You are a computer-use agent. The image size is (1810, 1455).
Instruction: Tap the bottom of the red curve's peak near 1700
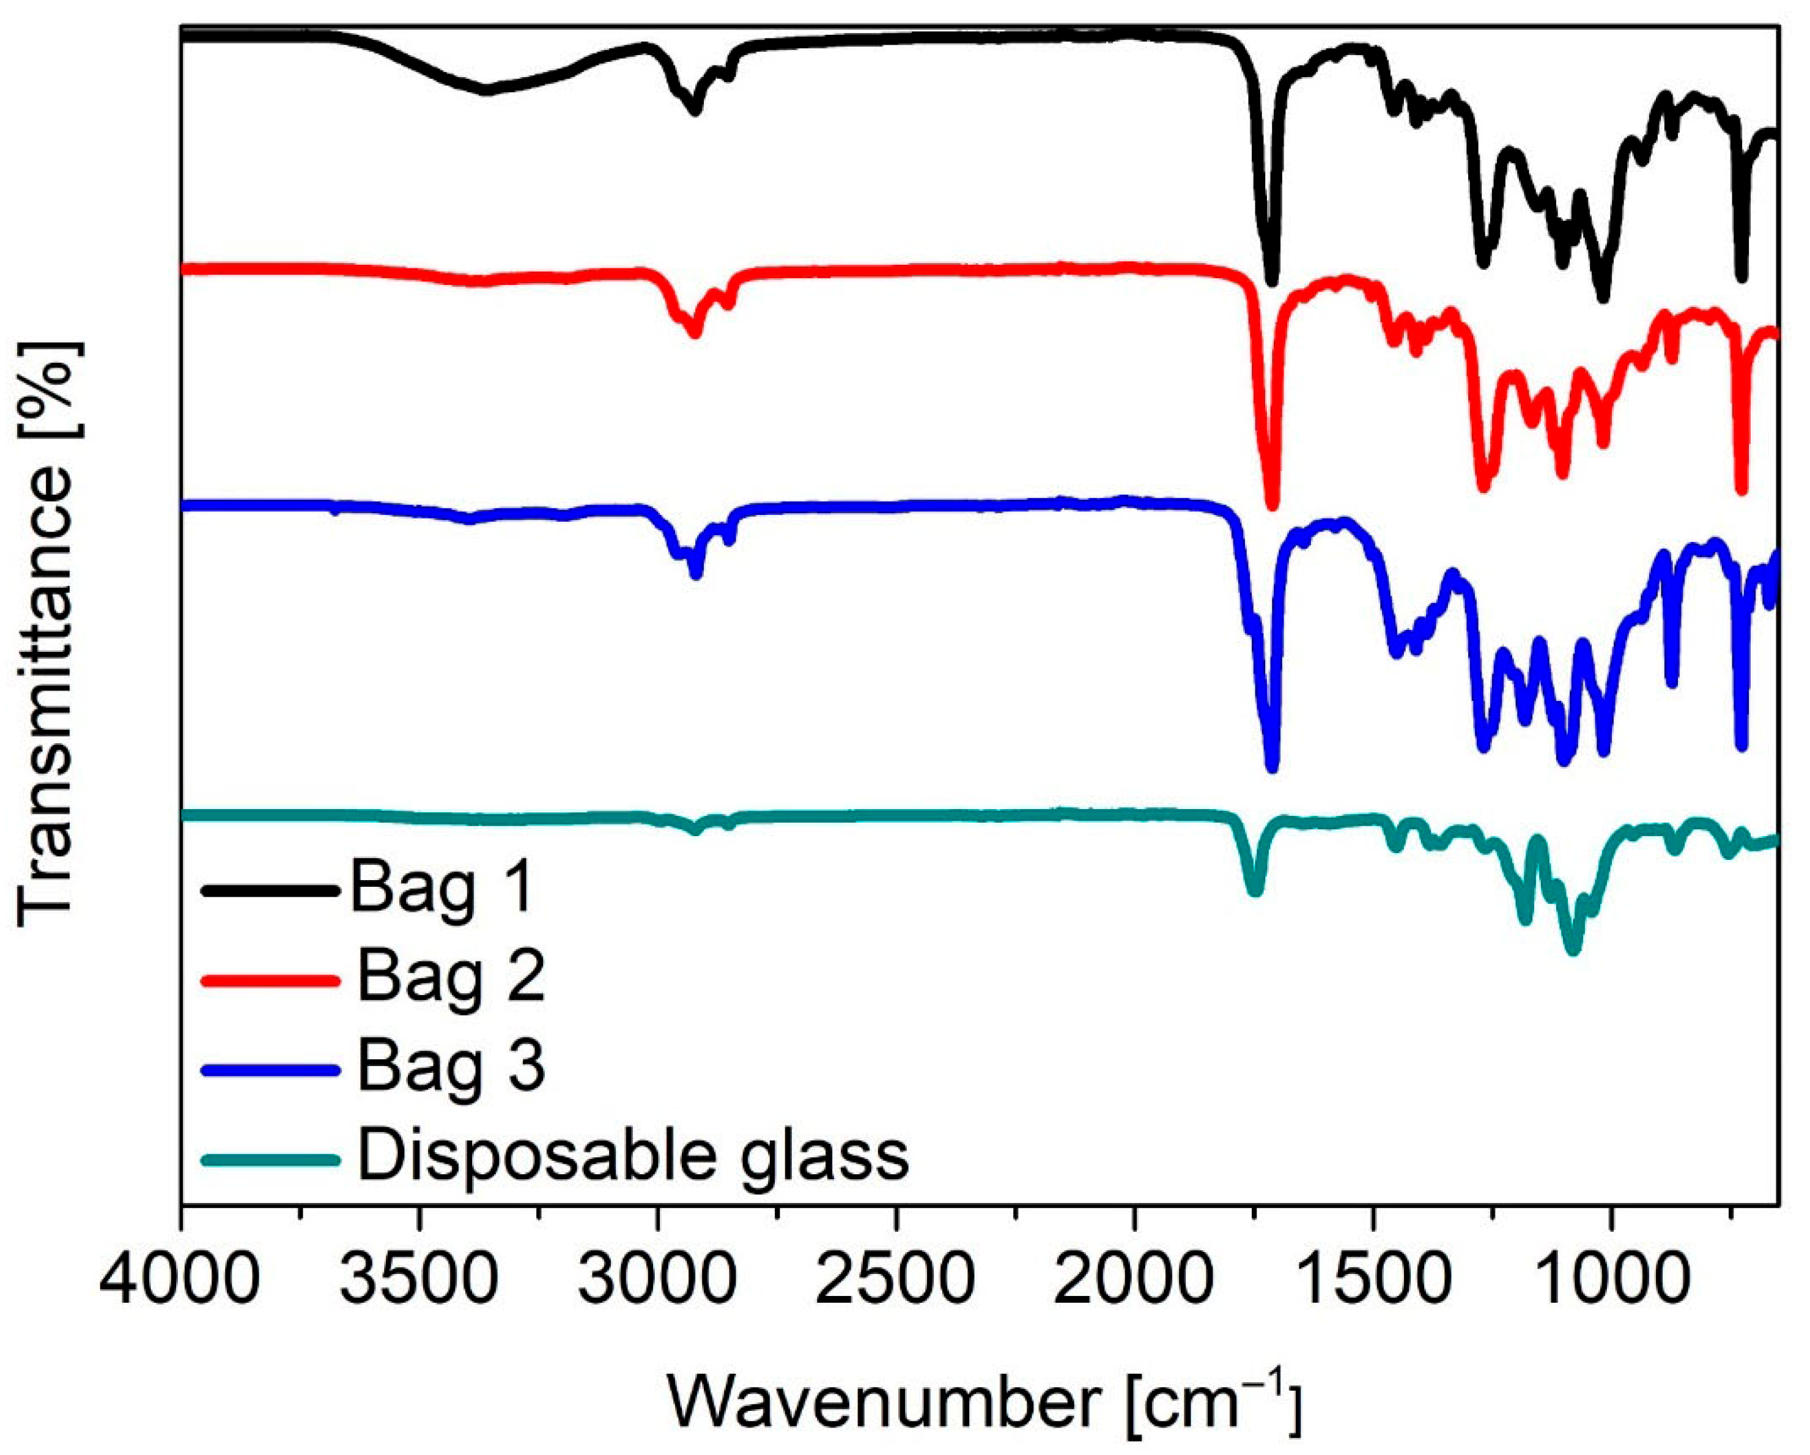pyautogui.click(x=1272, y=505)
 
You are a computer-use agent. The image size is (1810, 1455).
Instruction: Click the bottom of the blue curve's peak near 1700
pyautogui.click(x=1272, y=766)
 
